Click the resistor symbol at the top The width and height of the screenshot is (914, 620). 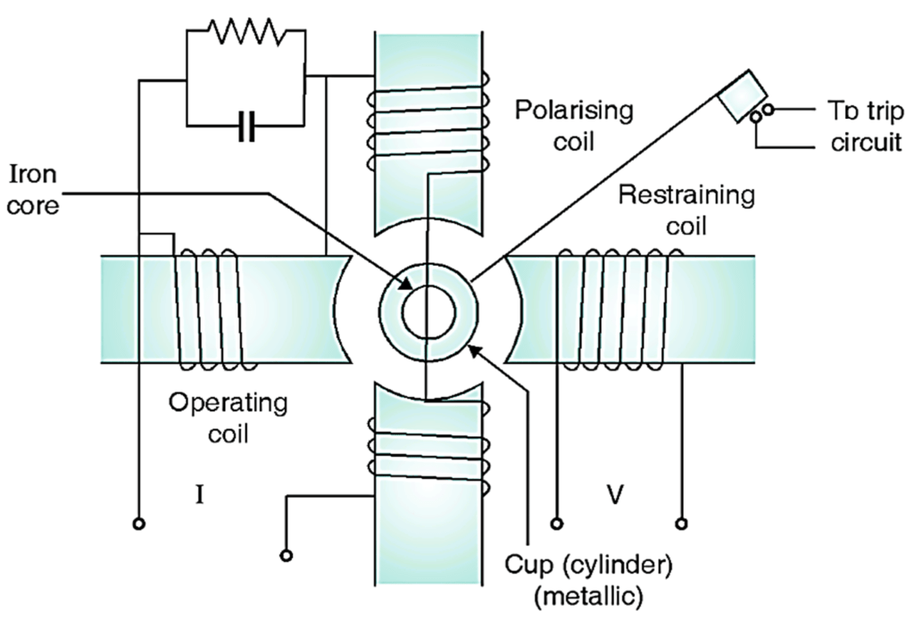(x=245, y=34)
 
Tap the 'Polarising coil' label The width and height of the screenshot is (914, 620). (x=575, y=126)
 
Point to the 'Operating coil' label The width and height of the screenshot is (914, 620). (x=228, y=417)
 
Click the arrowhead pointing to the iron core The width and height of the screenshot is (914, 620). (x=407, y=287)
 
